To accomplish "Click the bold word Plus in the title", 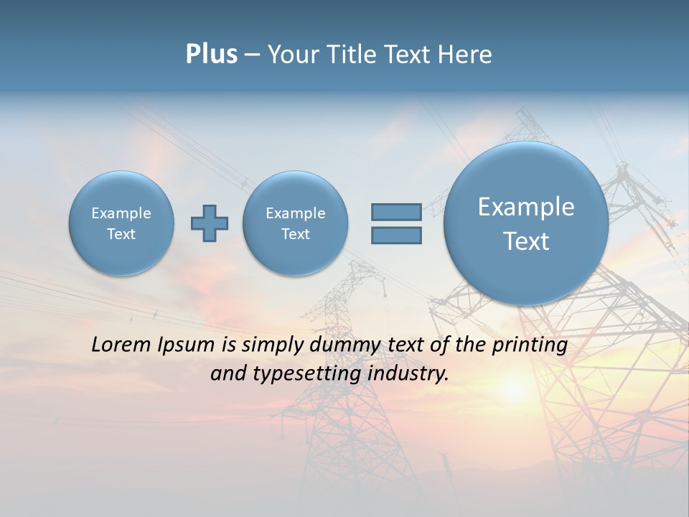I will click(211, 55).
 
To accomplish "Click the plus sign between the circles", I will click(210, 223).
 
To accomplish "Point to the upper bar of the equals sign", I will click(396, 212).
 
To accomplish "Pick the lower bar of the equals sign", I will click(396, 235).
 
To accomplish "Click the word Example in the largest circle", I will click(526, 207).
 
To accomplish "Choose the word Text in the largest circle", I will click(526, 241).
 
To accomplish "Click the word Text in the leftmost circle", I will click(121, 234).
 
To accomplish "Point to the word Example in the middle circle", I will click(295, 213).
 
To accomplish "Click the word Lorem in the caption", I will click(117, 345).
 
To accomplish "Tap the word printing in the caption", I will click(529, 345).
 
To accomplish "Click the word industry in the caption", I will click(408, 374).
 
